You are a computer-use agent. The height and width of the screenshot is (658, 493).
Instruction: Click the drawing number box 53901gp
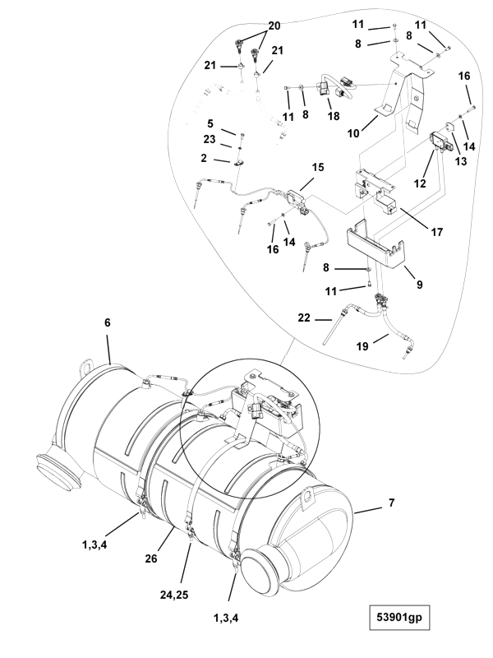399,617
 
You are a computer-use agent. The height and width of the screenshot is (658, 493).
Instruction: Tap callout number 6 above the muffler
108,322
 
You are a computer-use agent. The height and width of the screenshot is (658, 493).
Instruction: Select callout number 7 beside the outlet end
392,503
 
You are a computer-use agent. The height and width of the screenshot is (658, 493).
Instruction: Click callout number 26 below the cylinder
151,558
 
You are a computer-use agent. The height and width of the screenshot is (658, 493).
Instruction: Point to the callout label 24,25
174,595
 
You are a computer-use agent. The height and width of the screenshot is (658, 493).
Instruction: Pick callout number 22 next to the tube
304,318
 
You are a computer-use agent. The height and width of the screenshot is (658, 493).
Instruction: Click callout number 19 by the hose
362,346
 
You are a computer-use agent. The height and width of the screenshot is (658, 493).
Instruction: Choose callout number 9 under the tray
419,285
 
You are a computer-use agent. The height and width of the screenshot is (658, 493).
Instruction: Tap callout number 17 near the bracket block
437,232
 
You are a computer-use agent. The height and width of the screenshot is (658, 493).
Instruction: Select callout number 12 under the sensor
420,183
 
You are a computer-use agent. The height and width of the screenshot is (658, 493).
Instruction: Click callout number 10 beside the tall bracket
353,133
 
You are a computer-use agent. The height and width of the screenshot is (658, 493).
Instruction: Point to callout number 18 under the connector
334,116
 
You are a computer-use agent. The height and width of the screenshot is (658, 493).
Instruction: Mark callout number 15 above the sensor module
318,167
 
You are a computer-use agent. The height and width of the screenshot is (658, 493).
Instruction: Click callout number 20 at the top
274,26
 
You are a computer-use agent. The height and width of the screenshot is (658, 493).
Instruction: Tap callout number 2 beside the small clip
204,158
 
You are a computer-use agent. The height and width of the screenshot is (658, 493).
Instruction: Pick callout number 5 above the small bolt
210,124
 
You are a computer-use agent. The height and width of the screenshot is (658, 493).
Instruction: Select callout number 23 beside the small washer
210,139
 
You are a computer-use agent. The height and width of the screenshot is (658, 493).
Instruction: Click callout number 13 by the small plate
460,161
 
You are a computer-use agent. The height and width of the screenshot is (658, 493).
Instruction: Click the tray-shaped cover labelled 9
375,245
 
